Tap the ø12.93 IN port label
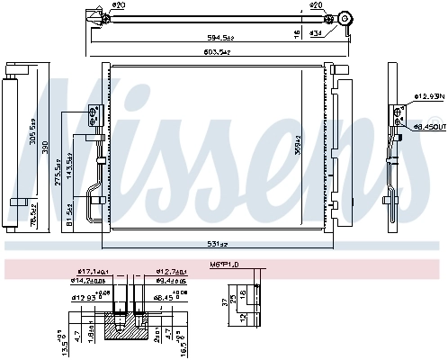pos(428,96)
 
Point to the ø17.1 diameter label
pos(94,271)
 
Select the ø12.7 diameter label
pos(170,271)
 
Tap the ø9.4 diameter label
pos(171,280)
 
